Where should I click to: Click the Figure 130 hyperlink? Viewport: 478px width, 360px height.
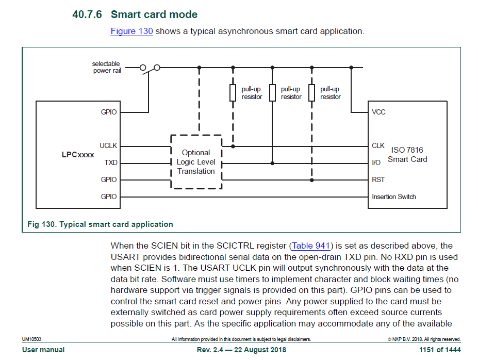pyautogui.click(x=131, y=31)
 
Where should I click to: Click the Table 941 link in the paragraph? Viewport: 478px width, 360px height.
pyautogui.click(x=311, y=246)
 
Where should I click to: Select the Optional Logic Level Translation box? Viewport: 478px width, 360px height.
pyautogui.click(x=196, y=162)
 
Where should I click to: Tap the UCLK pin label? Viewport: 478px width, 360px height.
pyautogui.click(x=108, y=146)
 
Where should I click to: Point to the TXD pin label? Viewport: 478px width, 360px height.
pyautogui.click(x=111, y=162)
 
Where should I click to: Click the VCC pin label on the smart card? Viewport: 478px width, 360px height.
pyautogui.click(x=378, y=112)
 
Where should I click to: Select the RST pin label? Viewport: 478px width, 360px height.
pyautogui.click(x=378, y=179)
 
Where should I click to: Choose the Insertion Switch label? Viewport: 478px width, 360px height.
pyautogui.click(x=393, y=197)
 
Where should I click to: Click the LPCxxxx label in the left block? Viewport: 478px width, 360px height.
pyautogui.click(x=78, y=154)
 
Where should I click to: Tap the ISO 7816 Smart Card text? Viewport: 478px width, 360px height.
pyautogui.click(x=407, y=155)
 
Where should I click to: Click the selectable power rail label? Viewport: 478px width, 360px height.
pyautogui.click(x=106, y=67)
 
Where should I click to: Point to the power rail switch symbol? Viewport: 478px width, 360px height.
pyautogui.click(x=150, y=68)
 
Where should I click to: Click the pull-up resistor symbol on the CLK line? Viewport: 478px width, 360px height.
pyautogui.click(x=233, y=93)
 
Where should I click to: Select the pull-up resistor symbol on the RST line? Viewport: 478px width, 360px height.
pyautogui.click(x=311, y=93)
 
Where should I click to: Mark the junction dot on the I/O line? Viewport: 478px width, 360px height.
pyautogui.click(x=272, y=162)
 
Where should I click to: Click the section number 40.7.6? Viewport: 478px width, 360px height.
pyautogui.click(x=87, y=14)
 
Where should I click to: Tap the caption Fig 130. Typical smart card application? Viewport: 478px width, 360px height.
pyautogui.click(x=100, y=224)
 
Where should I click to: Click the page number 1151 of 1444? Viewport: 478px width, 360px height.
pyautogui.click(x=440, y=350)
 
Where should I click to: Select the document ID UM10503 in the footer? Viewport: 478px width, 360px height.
pyautogui.click(x=31, y=339)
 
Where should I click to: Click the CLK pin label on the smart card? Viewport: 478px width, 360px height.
pyautogui.click(x=378, y=146)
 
